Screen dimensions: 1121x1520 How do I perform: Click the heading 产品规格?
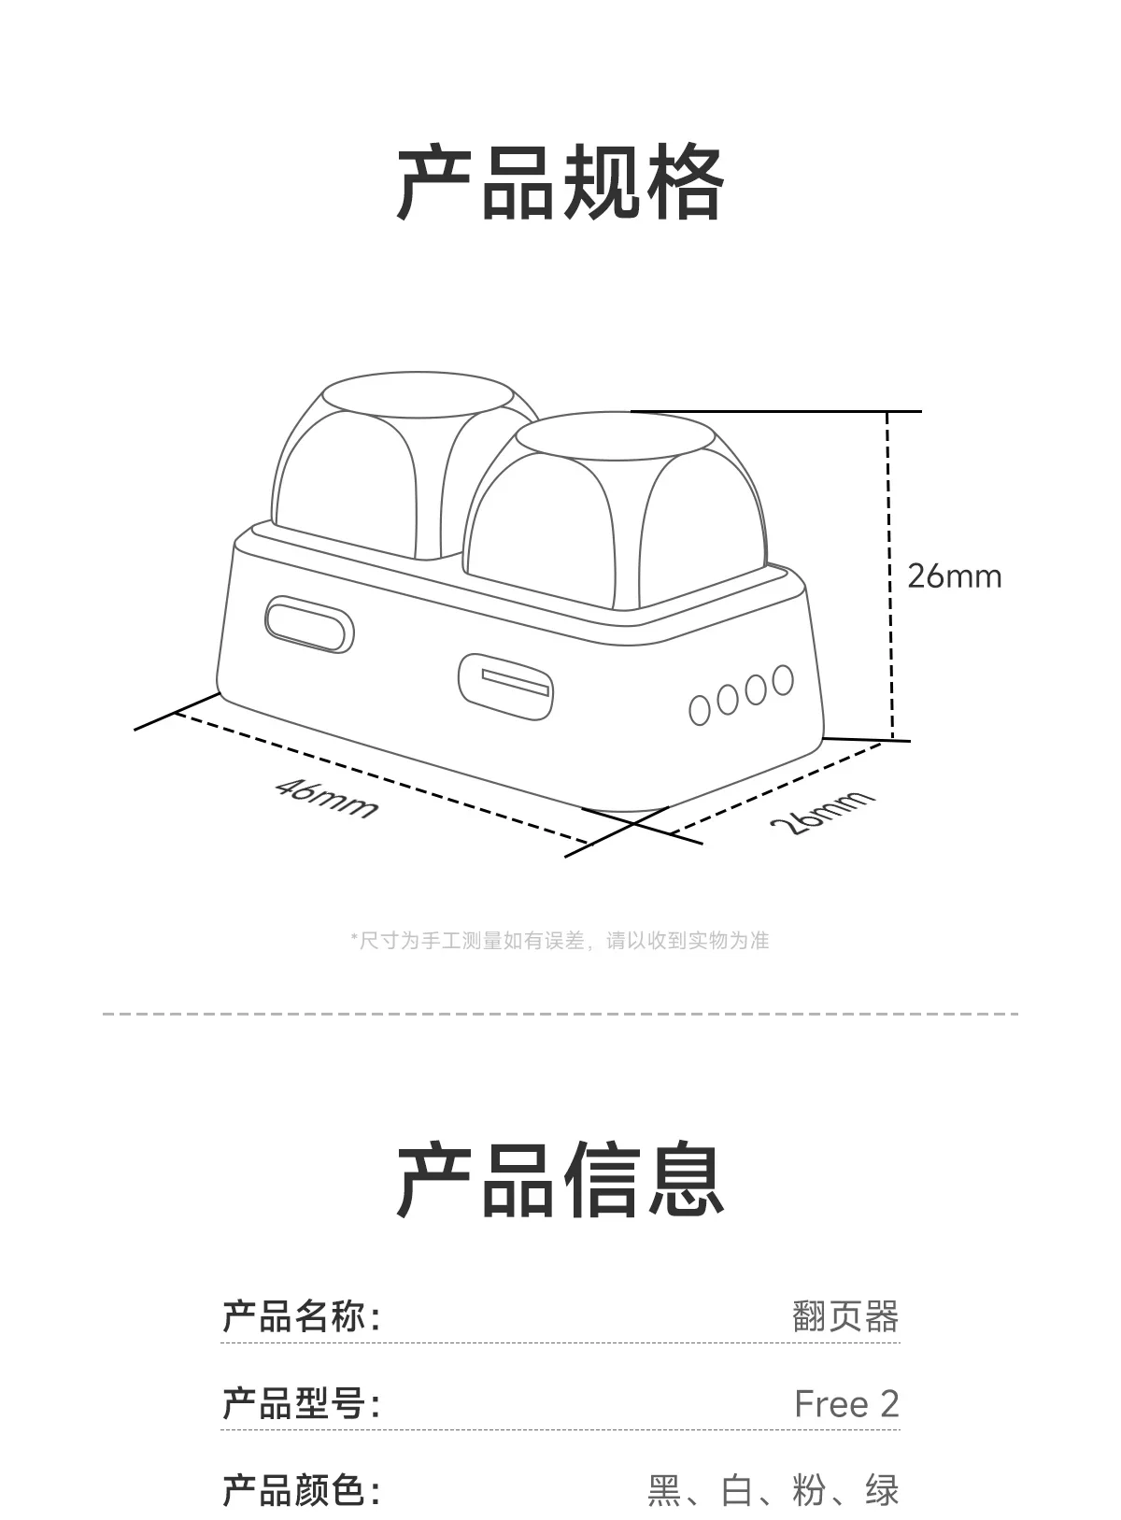click(560, 182)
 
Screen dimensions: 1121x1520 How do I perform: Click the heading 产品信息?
click(560, 1180)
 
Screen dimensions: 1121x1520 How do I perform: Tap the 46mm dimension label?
click(327, 797)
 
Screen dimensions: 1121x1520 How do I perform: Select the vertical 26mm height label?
click(954, 576)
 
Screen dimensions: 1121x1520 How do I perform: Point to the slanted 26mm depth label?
click(822, 811)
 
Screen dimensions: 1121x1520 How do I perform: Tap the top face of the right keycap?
click(615, 435)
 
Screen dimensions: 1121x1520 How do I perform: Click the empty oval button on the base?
click(309, 623)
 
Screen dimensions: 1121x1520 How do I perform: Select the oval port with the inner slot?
click(505, 686)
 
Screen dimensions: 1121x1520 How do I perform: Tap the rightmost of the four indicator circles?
click(783, 680)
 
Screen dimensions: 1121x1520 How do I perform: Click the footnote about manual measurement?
click(560, 941)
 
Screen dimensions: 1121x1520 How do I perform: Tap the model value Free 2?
click(846, 1403)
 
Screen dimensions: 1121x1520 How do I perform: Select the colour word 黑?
click(664, 1489)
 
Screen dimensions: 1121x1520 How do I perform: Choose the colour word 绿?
click(882, 1489)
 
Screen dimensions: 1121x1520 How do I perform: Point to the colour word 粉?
click(809, 1489)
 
